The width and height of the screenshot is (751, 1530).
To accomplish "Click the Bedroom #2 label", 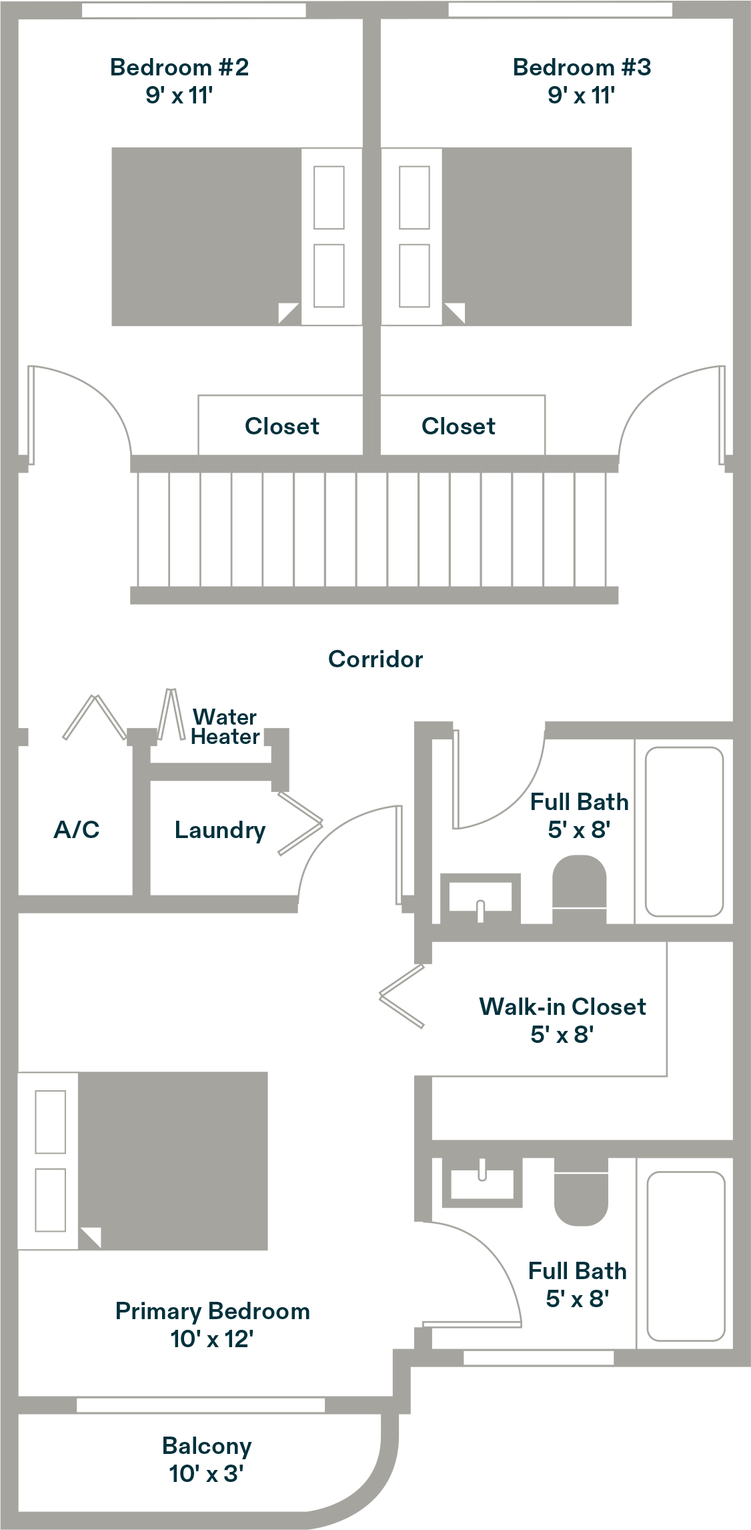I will click(179, 67).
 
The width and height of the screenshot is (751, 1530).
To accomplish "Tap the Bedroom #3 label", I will click(582, 67).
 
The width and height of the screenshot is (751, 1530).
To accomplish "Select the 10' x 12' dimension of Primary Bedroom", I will click(211, 1338).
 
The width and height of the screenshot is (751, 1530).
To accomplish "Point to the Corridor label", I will click(375, 659).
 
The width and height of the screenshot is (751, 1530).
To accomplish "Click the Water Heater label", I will click(225, 727).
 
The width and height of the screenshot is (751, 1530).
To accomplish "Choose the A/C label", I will click(77, 829).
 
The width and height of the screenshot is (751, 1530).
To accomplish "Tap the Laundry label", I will click(220, 830).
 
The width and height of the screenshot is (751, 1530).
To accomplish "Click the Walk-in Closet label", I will click(562, 1006).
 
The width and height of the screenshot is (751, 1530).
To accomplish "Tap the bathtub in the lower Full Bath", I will click(686, 1256).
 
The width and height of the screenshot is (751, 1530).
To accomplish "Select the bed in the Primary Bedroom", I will click(143, 1161).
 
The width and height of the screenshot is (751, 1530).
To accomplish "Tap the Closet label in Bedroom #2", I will click(282, 426).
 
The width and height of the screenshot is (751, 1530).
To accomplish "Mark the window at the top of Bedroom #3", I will click(560, 9).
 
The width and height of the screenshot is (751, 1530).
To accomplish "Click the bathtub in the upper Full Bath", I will click(684, 831).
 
